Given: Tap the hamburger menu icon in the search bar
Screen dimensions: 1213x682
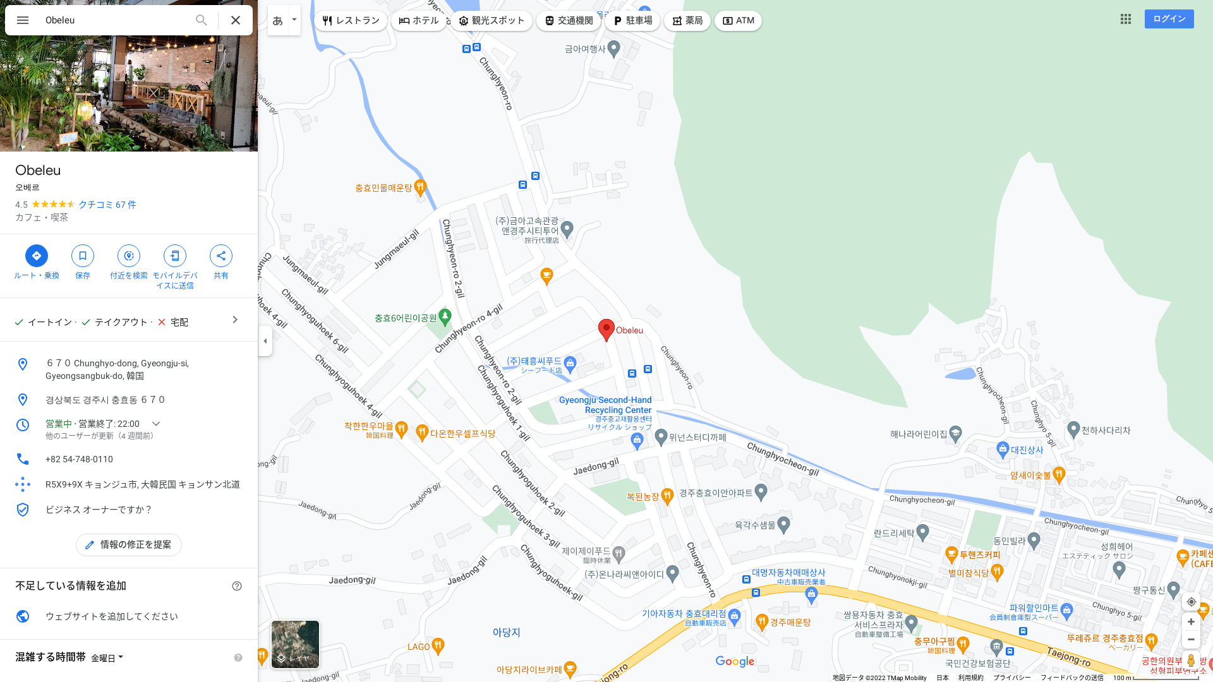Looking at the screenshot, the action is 23,20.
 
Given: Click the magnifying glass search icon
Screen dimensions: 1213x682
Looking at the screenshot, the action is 201,20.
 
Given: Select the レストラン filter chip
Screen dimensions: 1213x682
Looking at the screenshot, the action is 351,21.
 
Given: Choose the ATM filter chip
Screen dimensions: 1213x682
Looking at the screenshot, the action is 738,21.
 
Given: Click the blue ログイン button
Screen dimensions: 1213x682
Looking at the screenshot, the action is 1169,19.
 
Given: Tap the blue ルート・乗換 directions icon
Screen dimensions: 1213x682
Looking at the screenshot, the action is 37,256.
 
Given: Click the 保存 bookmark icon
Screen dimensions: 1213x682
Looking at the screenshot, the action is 83,256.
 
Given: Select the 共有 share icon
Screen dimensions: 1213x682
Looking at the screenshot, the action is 221,256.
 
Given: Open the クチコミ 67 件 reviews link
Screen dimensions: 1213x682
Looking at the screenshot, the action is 107,205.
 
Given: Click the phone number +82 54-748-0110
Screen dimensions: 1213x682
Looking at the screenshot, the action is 79,459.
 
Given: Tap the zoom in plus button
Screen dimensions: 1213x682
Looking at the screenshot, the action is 1191,622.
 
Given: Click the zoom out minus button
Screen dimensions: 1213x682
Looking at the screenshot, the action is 1191,640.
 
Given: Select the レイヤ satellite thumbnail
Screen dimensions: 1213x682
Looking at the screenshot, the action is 295,644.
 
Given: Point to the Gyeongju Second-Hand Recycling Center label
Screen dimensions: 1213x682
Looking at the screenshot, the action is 605,405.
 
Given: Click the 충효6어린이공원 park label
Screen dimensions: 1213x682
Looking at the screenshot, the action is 406,318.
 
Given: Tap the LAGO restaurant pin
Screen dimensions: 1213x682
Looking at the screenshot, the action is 438,645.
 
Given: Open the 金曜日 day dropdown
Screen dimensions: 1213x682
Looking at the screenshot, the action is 107,658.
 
